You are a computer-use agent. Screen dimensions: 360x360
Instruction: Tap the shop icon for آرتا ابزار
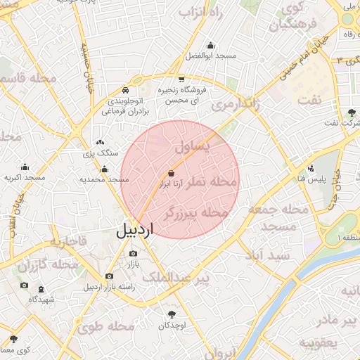pos(171,173)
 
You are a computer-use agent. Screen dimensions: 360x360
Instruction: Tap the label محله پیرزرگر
pos(196,212)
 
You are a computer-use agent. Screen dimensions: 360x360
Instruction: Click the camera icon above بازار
pos(132,254)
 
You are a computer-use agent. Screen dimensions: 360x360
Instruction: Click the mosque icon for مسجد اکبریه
pos(25,167)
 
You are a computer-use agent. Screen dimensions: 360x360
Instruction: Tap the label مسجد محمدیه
pos(104,179)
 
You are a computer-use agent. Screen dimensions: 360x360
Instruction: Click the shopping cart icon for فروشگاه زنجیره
pos(182,79)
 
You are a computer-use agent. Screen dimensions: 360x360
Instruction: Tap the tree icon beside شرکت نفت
pos(352,112)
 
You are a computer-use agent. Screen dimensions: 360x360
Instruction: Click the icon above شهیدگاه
pos(40,288)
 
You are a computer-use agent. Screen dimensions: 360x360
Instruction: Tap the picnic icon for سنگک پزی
pos(100,142)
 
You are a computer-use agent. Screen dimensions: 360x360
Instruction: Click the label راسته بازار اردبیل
pos(108,287)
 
